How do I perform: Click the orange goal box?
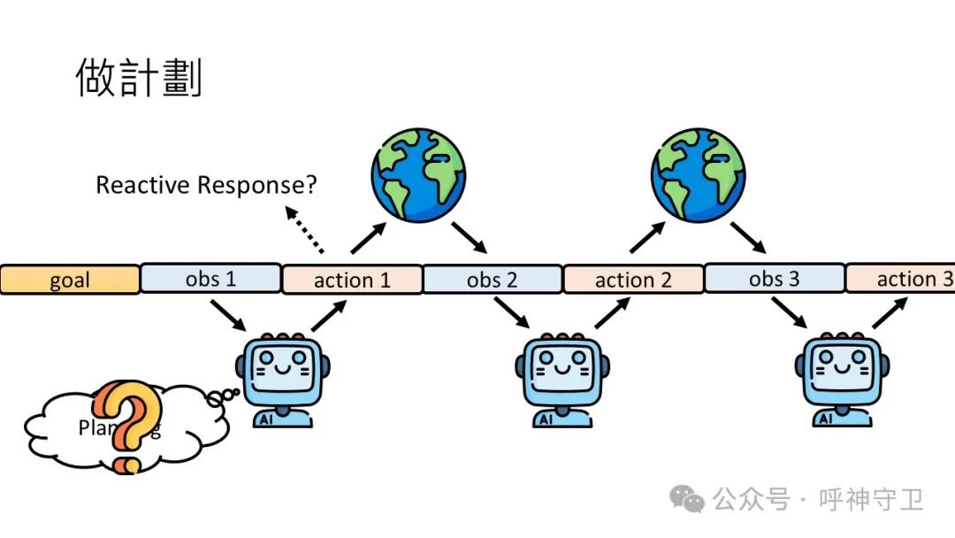(69, 281)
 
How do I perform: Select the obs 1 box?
(210, 279)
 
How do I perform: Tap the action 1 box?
(352, 280)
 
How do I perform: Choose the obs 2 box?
(493, 280)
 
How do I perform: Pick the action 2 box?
(633, 280)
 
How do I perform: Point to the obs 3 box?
(774, 279)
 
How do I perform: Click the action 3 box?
(902, 279)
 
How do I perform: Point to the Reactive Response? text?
(206, 185)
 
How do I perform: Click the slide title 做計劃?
(139, 78)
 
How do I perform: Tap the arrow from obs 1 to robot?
(228, 314)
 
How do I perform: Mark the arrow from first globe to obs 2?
(470, 235)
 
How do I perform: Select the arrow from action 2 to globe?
(648, 237)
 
